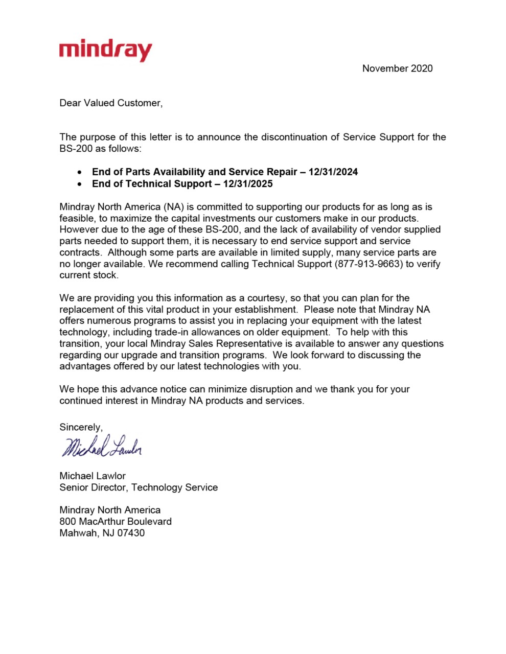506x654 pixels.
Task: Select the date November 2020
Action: tap(397, 68)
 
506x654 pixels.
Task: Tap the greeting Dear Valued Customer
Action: tap(110, 103)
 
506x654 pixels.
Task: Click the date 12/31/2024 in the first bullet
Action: tap(333, 172)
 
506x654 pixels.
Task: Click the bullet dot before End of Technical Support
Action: tap(79, 184)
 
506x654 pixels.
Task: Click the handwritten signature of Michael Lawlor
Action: tap(102, 447)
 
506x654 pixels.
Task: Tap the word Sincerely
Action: tap(81, 427)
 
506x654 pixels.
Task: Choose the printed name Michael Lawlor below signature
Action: tap(93, 476)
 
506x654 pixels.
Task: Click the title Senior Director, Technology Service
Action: tap(139, 487)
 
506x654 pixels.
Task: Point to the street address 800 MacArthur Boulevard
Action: tap(116, 522)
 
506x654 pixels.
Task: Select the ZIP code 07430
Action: tap(130, 533)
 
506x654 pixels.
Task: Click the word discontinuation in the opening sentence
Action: tap(295, 137)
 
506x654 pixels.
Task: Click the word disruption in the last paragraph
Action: tap(271, 389)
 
